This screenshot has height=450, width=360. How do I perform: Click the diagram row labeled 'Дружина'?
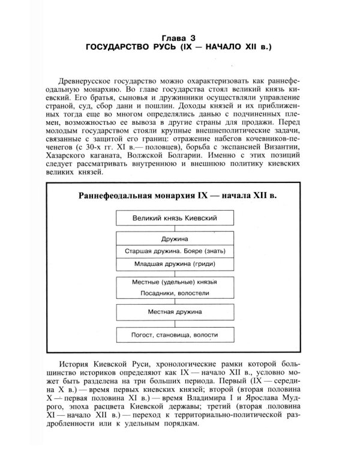(175, 239)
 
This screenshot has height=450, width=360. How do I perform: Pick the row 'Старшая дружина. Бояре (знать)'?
(175, 251)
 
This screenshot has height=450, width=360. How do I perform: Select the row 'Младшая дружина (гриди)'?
(175, 263)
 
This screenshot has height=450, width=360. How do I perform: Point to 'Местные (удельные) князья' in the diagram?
(175, 282)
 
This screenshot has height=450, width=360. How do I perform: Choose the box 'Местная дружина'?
(175, 313)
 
